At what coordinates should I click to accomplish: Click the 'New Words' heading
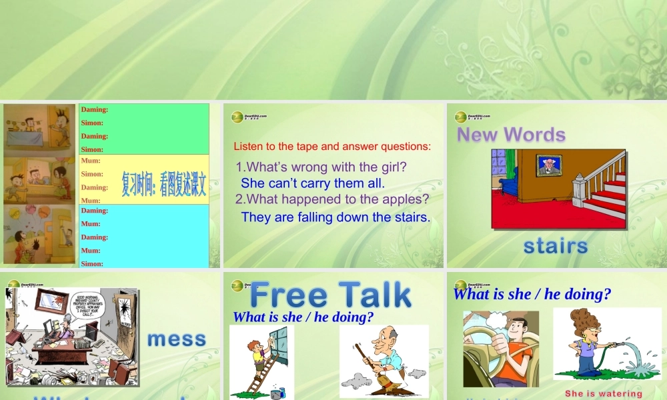pyautogui.click(x=511, y=135)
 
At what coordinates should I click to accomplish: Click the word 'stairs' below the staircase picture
pyautogui.click(x=555, y=246)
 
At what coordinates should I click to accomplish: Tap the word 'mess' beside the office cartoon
pyautogui.click(x=177, y=339)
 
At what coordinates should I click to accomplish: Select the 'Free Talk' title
pyautogui.click(x=330, y=295)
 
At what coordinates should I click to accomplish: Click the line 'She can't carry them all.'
pyautogui.click(x=313, y=183)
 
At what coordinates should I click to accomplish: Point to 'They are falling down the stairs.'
pyautogui.click(x=336, y=217)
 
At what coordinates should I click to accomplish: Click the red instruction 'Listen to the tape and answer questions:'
pyautogui.click(x=332, y=146)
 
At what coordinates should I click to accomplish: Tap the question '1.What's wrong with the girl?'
pyautogui.click(x=321, y=166)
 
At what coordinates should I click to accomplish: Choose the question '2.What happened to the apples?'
pyautogui.click(x=331, y=199)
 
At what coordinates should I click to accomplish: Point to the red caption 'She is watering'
pyautogui.click(x=603, y=393)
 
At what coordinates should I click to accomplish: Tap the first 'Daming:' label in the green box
pyautogui.click(x=95, y=109)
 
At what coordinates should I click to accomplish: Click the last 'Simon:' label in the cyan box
pyautogui.click(x=92, y=263)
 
